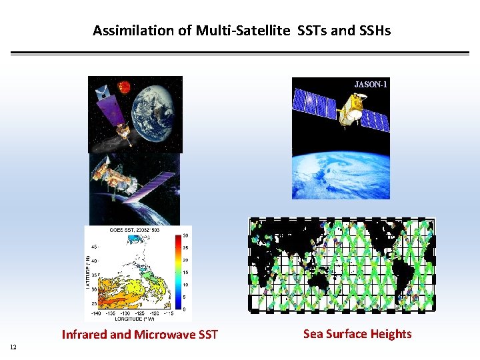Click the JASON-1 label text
tap(371, 85)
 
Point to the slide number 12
tap(13, 346)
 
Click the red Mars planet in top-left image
tap(124, 86)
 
